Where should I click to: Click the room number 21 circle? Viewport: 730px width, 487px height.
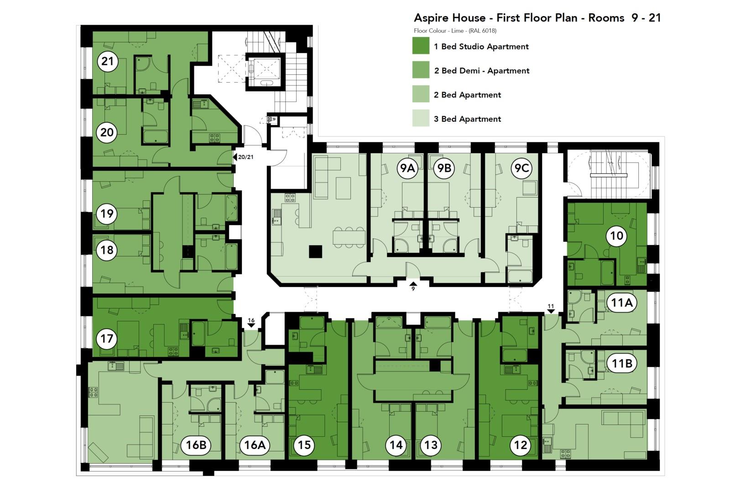pos(107,61)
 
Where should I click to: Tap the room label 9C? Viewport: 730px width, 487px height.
pos(521,168)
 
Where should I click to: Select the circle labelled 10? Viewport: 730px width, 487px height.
pos(616,236)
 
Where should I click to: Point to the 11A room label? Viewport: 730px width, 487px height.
pos(622,303)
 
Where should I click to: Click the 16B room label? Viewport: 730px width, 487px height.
pos(196,445)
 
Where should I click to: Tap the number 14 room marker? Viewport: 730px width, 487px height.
pos(396,445)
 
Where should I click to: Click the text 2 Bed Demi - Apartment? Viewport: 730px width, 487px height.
pos(481,71)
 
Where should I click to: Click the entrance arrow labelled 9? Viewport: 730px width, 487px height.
pos(413,284)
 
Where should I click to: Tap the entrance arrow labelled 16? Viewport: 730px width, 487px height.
pos(251,325)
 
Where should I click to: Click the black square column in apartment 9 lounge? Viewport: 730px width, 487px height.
pos(315,251)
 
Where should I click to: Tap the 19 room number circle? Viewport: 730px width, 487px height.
pos(107,214)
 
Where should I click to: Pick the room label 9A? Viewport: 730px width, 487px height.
pos(407,168)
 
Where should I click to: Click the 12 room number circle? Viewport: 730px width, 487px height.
pos(521,445)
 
